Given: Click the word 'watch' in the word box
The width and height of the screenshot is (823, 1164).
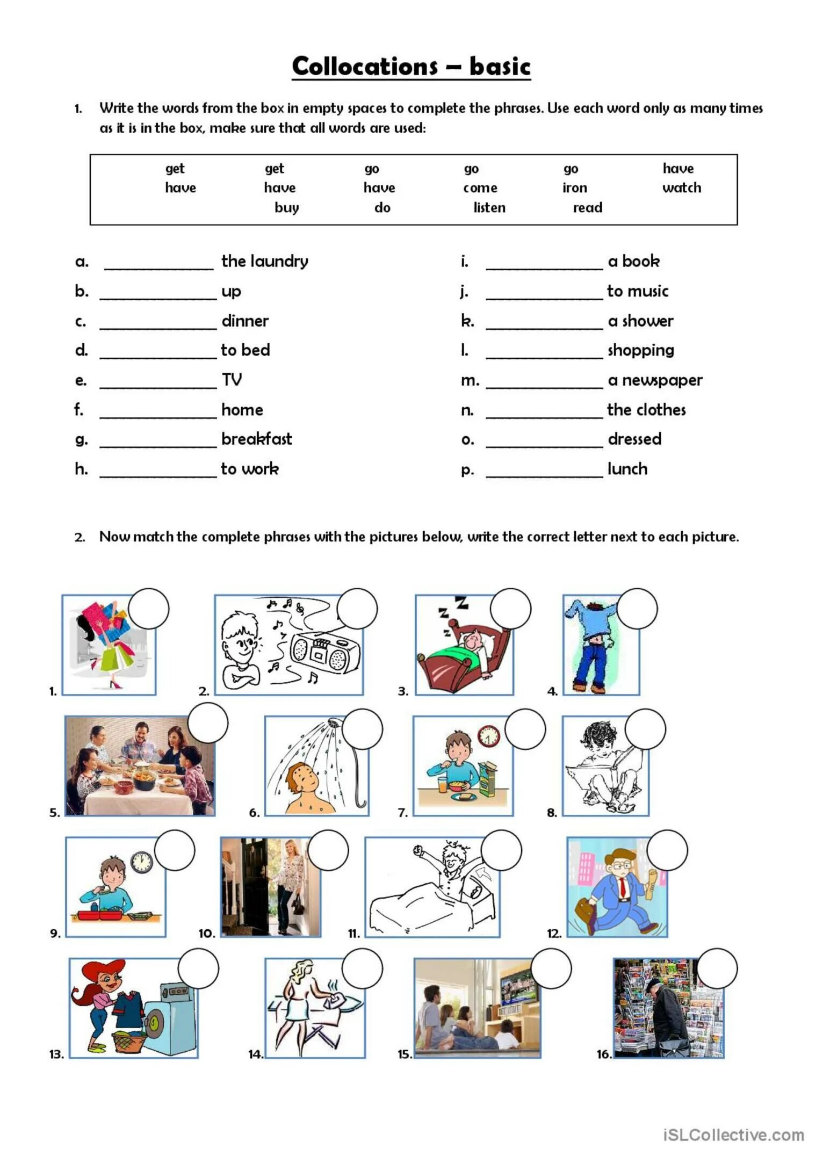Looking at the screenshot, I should tap(681, 188).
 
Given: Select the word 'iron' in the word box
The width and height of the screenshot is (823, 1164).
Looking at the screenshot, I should tap(574, 188).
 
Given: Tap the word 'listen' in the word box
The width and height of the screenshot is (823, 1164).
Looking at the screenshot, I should tap(489, 208).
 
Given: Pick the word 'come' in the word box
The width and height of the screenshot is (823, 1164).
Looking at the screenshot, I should tap(480, 188).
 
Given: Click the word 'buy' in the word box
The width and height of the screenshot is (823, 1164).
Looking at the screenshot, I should tap(286, 208).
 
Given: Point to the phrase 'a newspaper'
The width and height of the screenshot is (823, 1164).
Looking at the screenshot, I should tap(655, 380).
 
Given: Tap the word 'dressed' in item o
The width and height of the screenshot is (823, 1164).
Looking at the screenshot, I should tap(634, 439).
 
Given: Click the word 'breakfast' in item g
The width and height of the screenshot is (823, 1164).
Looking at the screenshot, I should tap(257, 439).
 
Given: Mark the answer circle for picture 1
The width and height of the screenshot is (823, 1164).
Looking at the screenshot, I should tap(149, 609).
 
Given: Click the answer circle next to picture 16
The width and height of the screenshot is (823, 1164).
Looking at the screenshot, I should tap(717, 968).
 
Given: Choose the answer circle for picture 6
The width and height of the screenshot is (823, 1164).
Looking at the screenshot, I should tap(363, 729).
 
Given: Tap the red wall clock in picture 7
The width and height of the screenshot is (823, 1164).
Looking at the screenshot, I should tap(488, 736).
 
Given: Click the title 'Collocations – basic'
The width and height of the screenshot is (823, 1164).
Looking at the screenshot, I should tap(411, 67).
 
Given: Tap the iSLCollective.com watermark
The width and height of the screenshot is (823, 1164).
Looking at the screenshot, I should tap(733, 1135).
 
